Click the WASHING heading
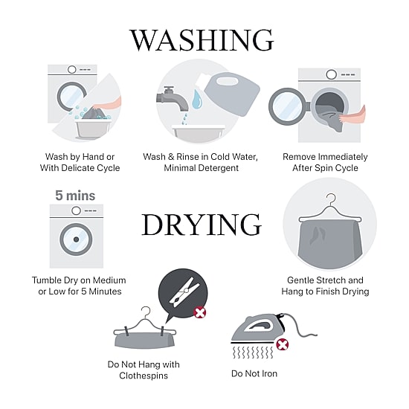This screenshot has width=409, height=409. (x=202, y=40)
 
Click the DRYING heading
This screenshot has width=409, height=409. (x=202, y=225)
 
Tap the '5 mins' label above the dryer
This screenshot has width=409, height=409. (x=75, y=196)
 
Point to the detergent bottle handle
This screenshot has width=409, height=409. (x=227, y=81)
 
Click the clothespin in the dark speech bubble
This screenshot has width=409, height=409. (x=184, y=292)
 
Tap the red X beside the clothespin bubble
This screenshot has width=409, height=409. (x=200, y=312)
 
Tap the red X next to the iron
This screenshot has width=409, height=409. (x=283, y=344)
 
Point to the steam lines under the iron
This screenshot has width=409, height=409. (x=253, y=352)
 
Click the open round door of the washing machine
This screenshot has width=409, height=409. (x=286, y=106)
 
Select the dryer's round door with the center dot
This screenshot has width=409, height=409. (x=76, y=239)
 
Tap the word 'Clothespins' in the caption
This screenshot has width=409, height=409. (x=144, y=376)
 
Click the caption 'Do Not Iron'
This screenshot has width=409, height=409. (x=254, y=373)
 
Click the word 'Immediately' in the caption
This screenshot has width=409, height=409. (x=343, y=157)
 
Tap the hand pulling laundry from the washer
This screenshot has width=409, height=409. (x=352, y=117)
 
